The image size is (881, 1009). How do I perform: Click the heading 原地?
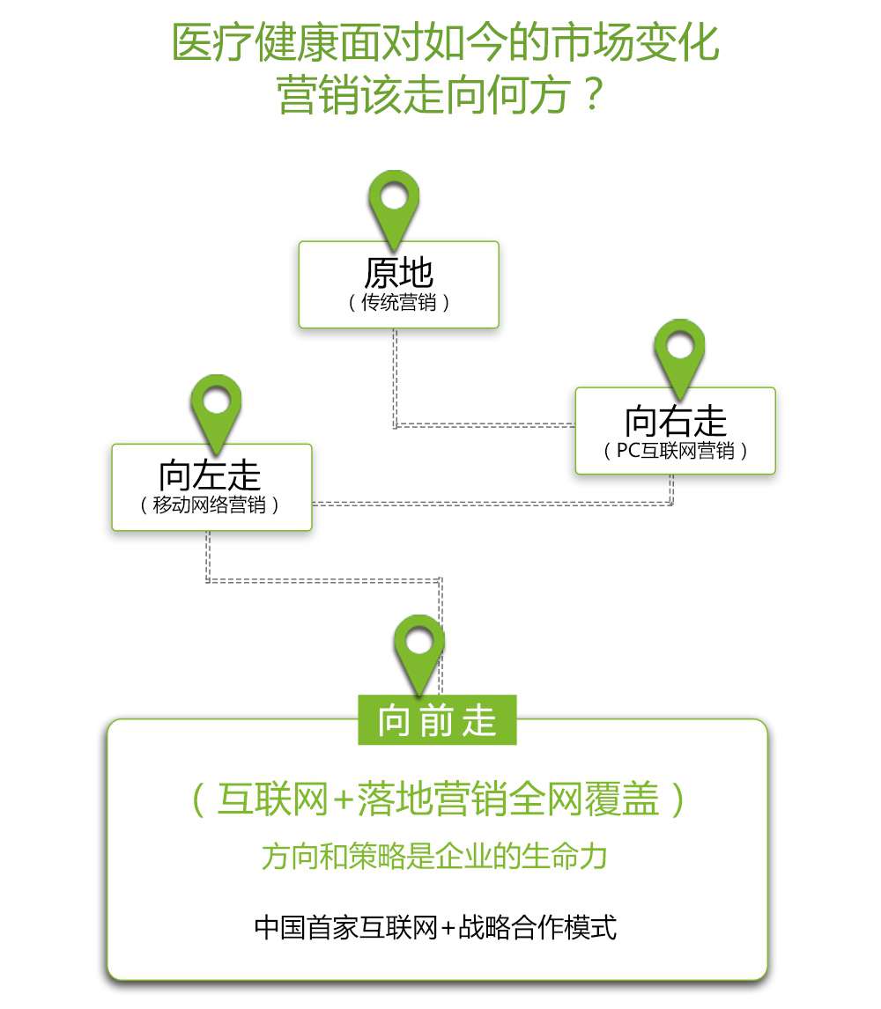398,273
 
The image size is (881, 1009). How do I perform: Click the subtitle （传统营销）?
398,303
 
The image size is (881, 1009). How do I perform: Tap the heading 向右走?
676,421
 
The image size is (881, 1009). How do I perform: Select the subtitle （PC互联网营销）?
676,451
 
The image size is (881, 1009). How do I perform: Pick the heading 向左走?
211,475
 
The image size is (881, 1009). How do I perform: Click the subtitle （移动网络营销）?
211,505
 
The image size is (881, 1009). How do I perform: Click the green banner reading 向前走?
437,721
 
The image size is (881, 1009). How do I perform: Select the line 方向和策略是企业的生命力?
435,857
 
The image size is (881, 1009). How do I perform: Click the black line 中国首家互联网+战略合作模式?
435,927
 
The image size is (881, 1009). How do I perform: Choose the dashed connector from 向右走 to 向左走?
493,504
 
